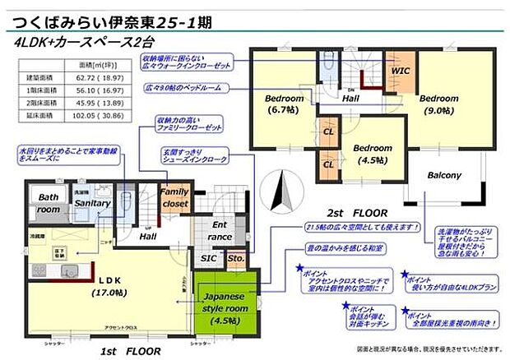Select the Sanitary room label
[92, 203]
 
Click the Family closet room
[174, 198]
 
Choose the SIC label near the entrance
[208, 258]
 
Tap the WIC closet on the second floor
[400, 72]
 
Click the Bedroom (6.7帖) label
[285, 105]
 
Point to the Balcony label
[444, 175]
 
